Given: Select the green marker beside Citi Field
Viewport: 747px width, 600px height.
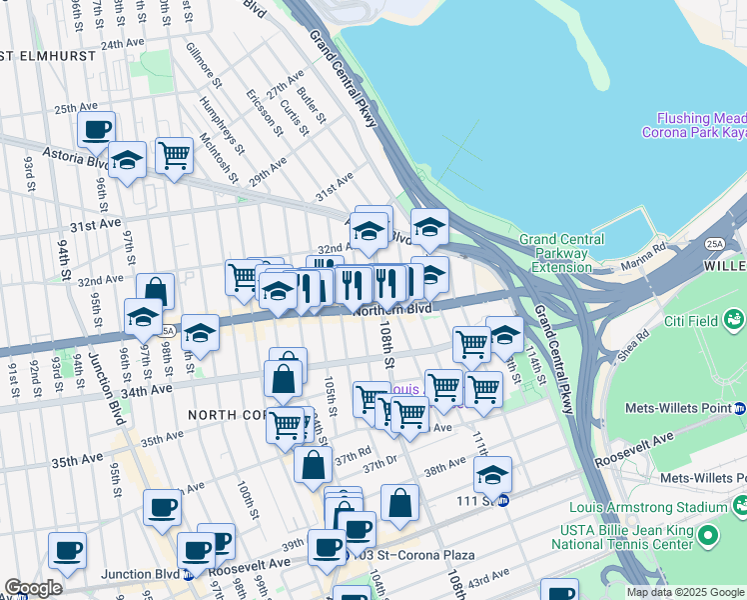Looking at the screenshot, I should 735,319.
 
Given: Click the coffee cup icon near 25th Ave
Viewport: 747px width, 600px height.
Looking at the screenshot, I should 97,128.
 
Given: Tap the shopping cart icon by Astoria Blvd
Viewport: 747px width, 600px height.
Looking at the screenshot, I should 174,155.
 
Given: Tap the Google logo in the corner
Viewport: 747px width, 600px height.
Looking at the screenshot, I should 33,587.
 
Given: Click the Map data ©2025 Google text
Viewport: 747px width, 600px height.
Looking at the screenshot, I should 685,592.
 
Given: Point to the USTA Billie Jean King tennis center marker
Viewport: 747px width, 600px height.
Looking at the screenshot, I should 708,537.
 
